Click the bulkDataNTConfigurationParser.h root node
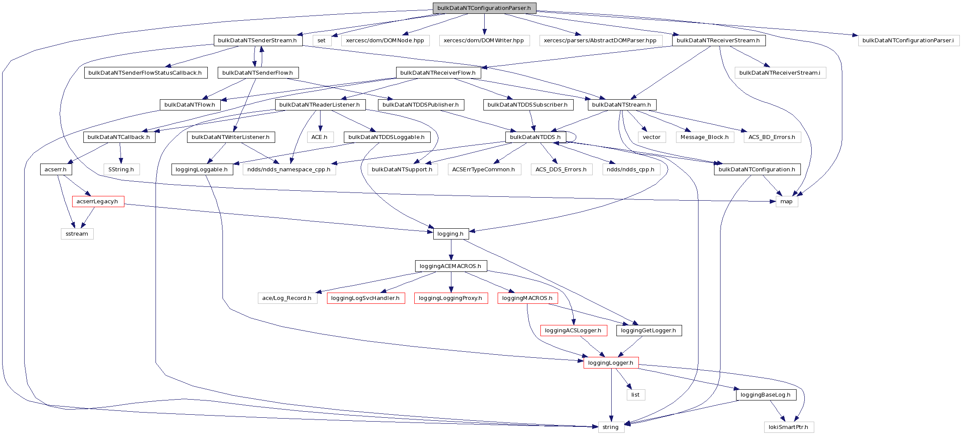tap(484, 8)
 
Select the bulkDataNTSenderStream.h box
tap(257, 41)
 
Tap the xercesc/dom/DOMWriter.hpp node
tap(484, 41)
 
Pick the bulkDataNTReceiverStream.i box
tap(780, 73)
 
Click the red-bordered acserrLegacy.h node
tap(98, 202)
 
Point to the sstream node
tap(77, 234)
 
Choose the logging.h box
tap(451, 234)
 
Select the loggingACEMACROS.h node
tap(451, 266)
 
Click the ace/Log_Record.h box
tap(287, 298)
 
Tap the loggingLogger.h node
tap(611, 363)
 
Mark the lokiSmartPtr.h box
tap(788, 427)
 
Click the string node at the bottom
tap(611, 427)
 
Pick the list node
tap(635, 395)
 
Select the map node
tap(787, 202)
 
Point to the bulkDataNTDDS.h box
tap(535, 137)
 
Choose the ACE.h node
tap(320, 137)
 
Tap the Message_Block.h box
tap(705, 137)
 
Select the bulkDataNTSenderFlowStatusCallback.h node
tap(145, 73)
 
